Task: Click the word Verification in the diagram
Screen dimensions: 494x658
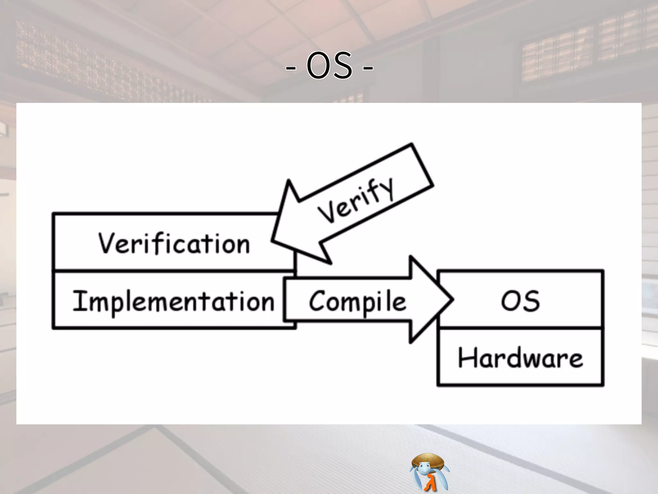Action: (x=174, y=243)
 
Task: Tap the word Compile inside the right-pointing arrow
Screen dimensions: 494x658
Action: (x=357, y=301)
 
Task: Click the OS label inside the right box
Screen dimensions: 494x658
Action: (x=520, y=301)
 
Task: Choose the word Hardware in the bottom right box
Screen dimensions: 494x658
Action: (x=520, y=358)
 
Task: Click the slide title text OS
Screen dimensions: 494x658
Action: (x=329, y=66)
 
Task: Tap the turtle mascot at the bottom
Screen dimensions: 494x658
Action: (x=429, y=472)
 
